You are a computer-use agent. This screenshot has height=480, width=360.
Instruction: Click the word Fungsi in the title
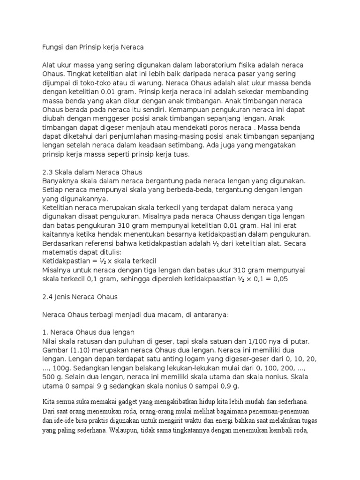pos(53,47)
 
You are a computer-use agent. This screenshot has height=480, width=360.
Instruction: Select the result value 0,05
pos(279,278)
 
